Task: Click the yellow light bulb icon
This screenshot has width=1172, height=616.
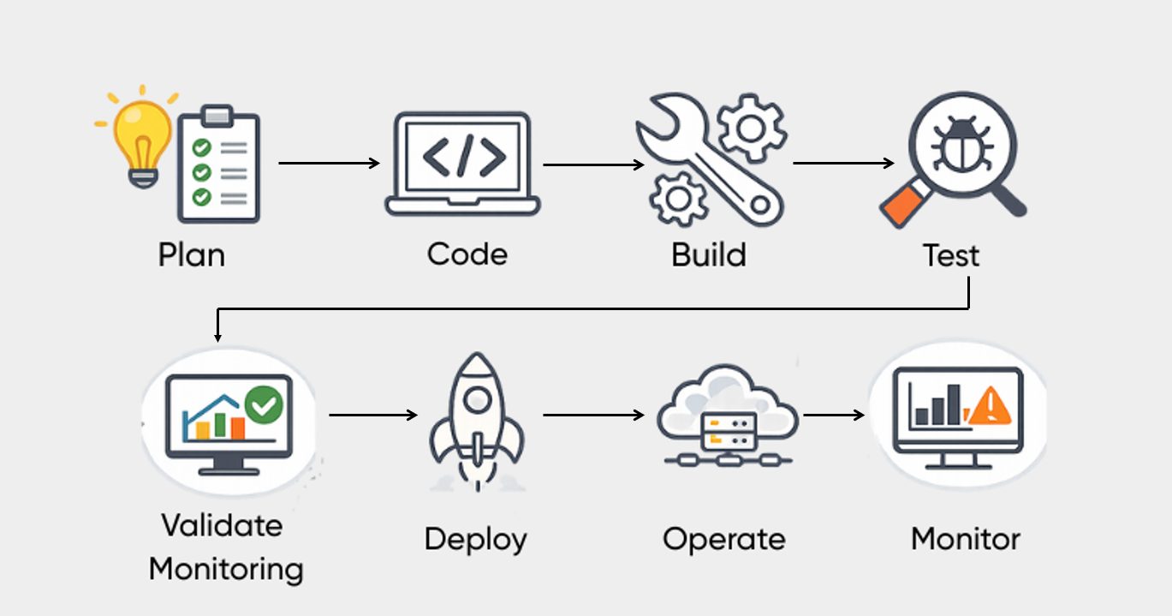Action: point(142,137)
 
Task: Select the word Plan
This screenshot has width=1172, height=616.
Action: point(191,254)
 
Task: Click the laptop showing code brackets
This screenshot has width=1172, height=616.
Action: point(462,163)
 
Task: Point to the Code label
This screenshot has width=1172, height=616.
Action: point(467,254)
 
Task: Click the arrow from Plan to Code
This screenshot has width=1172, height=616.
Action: point(329,163)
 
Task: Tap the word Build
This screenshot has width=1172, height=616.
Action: point(708,255)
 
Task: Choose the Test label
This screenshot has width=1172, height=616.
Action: point(950,255)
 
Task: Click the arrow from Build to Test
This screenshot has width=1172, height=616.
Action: point(843,163)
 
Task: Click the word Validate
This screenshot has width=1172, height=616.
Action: point(222,524)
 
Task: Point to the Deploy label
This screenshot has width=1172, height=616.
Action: point(476,540)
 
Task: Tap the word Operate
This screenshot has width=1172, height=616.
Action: point(723,540)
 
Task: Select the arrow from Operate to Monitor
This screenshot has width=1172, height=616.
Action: point(834,416)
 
